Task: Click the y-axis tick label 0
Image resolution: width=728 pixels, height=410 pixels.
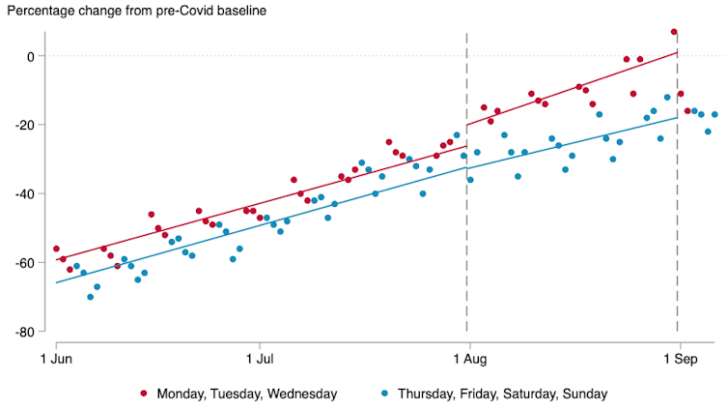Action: (30, 56)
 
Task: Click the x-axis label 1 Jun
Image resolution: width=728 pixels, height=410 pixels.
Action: (56, 360)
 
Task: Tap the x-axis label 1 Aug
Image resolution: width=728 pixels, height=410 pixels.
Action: (468, 360)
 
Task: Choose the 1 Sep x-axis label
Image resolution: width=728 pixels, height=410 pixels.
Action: (678, 360)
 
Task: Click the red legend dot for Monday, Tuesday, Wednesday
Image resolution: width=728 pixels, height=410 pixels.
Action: (145, 394)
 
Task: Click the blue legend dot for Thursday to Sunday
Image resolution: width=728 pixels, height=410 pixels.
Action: (383, 394)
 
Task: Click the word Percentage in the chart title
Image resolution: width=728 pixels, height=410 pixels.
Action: (44, 11)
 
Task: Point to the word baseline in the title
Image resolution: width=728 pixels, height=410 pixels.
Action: (238, 11)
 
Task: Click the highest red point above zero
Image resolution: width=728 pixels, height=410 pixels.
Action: (674, 32)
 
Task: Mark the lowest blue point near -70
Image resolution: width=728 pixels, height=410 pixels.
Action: (90, 297)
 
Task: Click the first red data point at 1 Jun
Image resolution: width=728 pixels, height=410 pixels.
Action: (56, 249)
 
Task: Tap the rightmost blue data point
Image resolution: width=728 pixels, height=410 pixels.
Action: (714, 114)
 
